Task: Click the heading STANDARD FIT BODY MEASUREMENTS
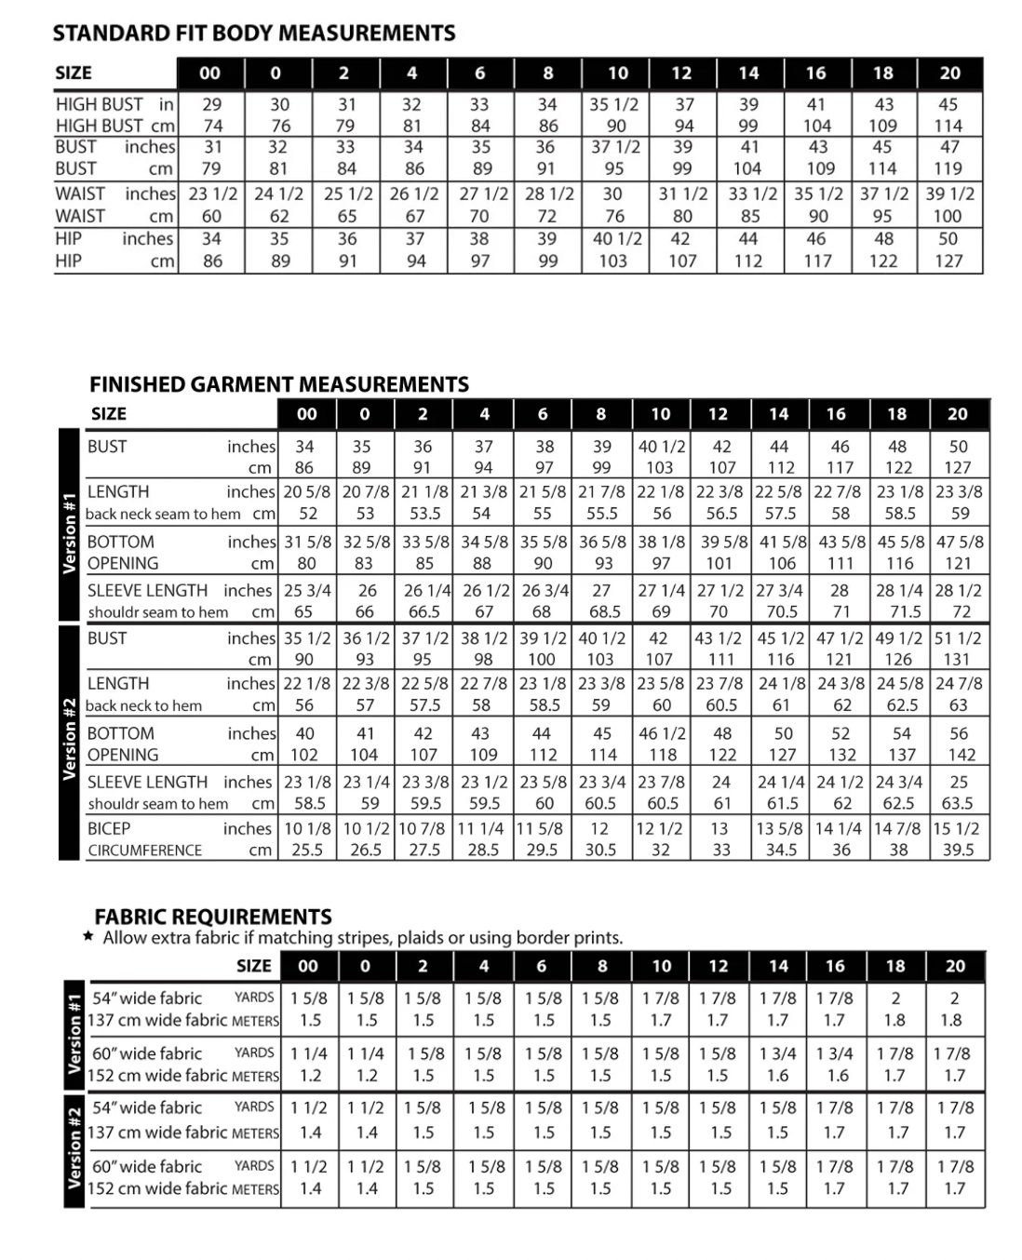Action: (254, 34)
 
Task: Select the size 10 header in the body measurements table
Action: (617, 73)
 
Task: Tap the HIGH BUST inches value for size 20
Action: (948, 104)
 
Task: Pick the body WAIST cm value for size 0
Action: (279, 216)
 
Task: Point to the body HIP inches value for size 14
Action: (748, 238)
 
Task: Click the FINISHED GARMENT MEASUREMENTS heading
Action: (278, 384)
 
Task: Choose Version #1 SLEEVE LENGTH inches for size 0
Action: (367, 590)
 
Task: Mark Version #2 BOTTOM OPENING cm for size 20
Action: (961, 755)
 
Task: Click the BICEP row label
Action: (109, 828)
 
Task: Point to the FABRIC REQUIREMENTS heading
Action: (213, 917)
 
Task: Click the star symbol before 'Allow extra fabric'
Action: (88, 937)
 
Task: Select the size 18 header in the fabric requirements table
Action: (895, 966)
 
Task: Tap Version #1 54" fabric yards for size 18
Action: (895, 998)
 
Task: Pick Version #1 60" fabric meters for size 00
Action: (311, 1075)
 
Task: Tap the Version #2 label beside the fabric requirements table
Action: (74, 1146)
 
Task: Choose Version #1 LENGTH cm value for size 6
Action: (543, 513)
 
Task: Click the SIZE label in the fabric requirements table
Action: (254, 966)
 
